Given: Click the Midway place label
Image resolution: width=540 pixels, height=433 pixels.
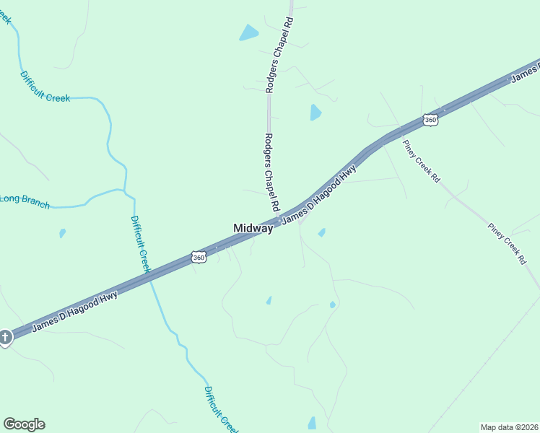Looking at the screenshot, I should point(253,228).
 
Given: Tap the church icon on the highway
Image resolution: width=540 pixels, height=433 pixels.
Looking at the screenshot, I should point(5,338).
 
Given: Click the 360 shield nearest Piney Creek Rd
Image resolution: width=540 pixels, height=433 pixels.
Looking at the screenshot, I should point(431,120).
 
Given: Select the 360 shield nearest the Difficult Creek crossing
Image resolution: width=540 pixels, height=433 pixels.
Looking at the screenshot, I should point(199,257).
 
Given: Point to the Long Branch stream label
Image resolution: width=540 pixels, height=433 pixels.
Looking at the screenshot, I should point(25,202).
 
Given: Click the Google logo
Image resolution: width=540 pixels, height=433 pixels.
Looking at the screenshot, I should point(24,424).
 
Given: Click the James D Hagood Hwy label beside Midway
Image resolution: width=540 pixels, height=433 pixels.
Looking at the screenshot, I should point(318,195).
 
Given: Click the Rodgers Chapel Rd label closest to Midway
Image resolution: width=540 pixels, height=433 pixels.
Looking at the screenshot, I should point(271,172).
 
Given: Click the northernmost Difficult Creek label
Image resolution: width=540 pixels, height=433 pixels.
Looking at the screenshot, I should point(45,87).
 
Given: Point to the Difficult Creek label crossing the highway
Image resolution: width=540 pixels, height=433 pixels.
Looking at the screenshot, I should point(140,243).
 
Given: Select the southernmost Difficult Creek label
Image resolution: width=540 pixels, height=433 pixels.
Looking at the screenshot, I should point(219,409).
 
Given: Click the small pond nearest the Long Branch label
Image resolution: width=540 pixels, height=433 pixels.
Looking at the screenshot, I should point(62,233).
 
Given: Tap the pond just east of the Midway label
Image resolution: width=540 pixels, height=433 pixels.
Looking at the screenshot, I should point(321,232).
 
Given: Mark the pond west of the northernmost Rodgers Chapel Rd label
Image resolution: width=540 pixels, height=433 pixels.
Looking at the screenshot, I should point(249,32).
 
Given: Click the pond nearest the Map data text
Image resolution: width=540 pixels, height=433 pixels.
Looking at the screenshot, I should point(312,423).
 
